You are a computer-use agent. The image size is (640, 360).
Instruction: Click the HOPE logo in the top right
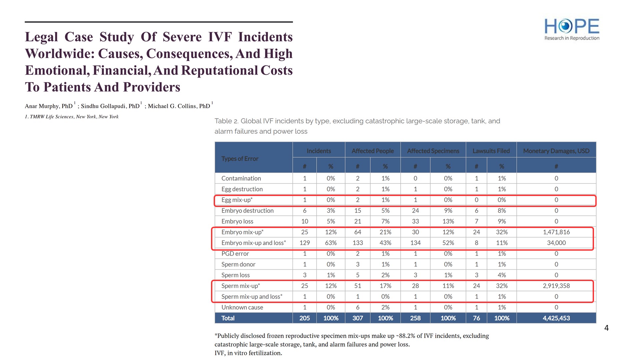point(572,29)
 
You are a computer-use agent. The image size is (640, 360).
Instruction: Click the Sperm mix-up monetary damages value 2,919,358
point(556,286)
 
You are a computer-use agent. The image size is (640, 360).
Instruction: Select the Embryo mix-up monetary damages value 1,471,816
point(556,232)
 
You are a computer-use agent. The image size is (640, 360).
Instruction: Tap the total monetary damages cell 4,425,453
point(556,318)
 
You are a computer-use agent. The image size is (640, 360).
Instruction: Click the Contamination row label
point(241,178)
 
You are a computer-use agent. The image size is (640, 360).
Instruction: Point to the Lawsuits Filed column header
point(491,151)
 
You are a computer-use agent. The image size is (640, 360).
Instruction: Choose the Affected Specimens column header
point(433,151)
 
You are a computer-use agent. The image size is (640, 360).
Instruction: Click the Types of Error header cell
point(240,159)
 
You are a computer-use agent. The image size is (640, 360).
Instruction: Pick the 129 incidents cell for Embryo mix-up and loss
point(304,243)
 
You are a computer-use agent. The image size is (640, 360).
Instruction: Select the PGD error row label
point(235,254)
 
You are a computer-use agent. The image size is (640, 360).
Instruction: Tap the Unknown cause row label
point(242,307)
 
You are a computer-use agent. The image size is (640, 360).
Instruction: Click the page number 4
point(606,328)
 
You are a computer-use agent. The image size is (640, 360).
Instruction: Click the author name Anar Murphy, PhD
point(49,106)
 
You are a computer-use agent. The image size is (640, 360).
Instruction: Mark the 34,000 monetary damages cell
point(556,243)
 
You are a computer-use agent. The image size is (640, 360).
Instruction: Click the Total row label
point(228,318)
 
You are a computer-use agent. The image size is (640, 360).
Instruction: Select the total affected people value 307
point(357,318)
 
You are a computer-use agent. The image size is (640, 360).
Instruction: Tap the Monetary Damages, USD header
point(556,151)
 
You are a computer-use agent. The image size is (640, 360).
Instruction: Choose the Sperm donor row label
point(238,264)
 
